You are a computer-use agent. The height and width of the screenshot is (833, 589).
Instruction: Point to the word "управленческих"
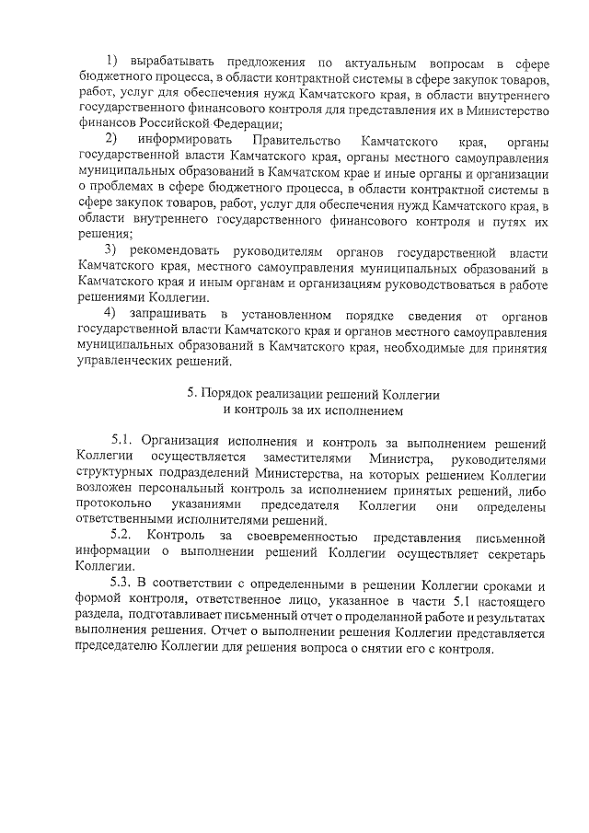point(125,363)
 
